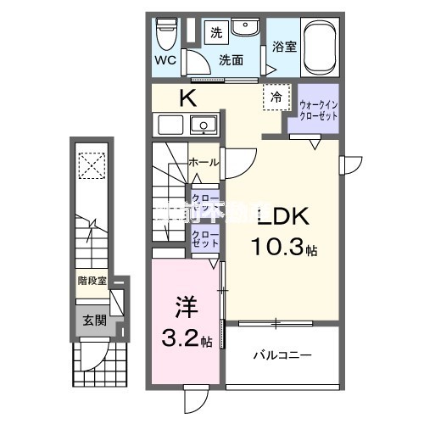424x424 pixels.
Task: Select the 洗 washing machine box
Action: (x=215, y=34)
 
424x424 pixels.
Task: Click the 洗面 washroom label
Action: (x=232, y=61)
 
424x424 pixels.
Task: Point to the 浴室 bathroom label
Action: (x=284, y=47)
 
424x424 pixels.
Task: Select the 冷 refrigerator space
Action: (x=276, y=98)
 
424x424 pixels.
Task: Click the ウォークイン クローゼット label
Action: (x=316, y=110)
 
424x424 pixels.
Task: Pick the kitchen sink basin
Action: (x=204, y=126)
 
